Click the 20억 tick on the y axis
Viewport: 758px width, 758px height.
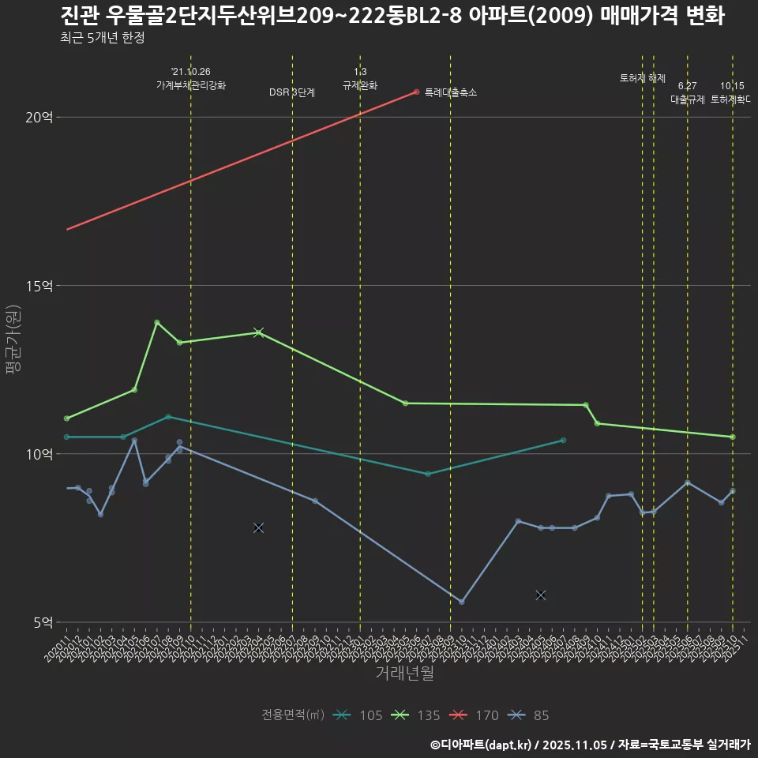point(39,117)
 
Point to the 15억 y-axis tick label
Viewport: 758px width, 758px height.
point(39,285)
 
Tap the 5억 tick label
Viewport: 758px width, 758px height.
point(43,622)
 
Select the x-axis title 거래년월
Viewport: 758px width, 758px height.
point(404,674)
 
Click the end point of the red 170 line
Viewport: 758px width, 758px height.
point(416,92)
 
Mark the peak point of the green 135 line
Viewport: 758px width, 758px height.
point(156,322)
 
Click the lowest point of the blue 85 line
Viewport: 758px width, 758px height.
point(462,602)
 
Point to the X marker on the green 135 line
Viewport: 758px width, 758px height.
point(258,332)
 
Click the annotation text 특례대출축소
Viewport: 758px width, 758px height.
point(451,92)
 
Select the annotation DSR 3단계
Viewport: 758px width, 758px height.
point(292,92)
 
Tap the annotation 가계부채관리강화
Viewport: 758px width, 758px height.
point(191,84)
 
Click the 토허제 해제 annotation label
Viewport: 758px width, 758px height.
point(643,78)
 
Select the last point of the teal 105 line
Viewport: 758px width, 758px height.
point(563,440)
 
